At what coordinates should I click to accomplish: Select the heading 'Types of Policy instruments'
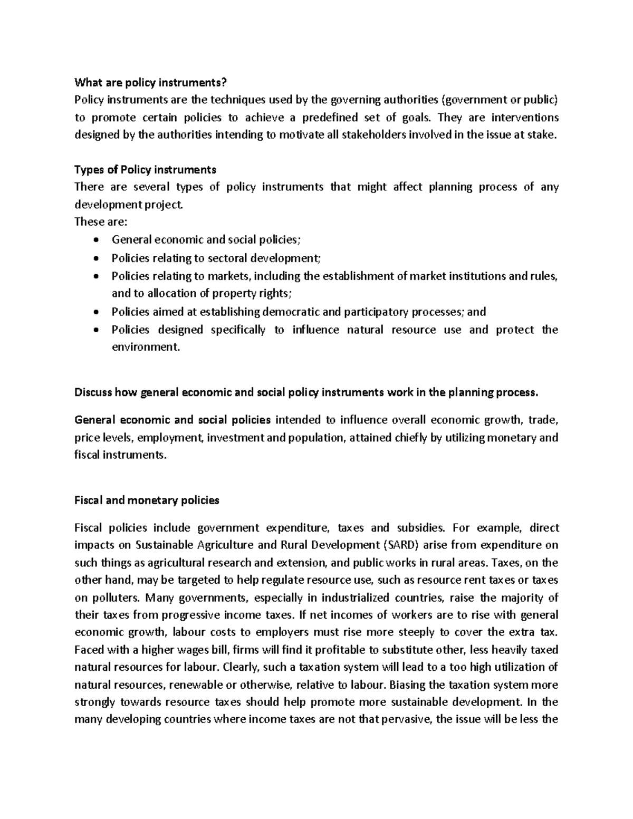pyautogui.click(x=146, y=170)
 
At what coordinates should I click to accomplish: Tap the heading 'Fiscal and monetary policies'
pyautogui.click(x=147, y=500)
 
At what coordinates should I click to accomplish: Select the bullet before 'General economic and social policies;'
pyautogui.click(x=95, y=240)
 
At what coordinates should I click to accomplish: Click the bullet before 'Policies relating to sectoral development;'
pyautogui.click(x=95, y=258)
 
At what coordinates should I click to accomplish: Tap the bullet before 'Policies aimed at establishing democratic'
pyautogui.click(x=95, y=312)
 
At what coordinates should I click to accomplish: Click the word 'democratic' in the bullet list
pyautogui.click(x=294, y=312)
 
